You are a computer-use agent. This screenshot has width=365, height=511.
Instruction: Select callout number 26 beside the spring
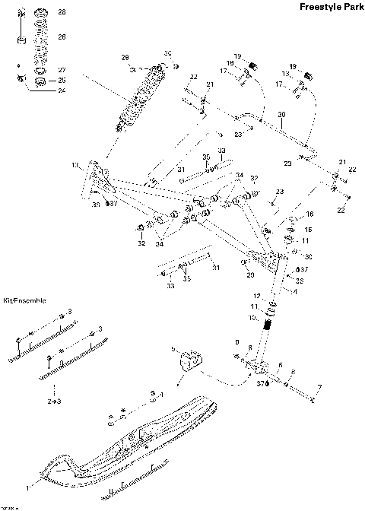click(62, 36)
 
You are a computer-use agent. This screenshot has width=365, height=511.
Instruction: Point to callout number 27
click(62, 69)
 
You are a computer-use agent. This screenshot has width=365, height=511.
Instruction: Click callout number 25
click(62, 80)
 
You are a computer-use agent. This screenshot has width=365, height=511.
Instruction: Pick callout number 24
click(62, 90)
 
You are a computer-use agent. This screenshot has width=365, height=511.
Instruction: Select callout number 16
click(309, 215)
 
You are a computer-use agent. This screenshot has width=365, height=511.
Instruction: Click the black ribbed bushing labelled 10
click(268, 332)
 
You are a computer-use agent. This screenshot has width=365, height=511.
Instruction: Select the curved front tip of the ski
click(57, 468)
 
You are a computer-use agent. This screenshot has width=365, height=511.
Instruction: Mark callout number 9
click(236, 342)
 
